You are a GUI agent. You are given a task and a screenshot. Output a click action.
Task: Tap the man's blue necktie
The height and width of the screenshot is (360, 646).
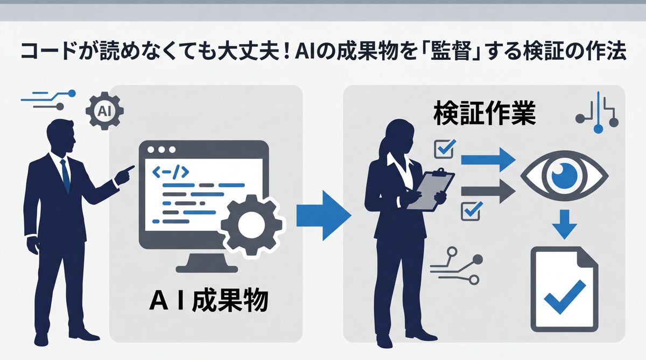65,175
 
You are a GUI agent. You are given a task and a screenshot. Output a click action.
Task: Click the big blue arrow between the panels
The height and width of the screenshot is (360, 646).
323,214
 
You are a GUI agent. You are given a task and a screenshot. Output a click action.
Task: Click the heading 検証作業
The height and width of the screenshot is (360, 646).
485,115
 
